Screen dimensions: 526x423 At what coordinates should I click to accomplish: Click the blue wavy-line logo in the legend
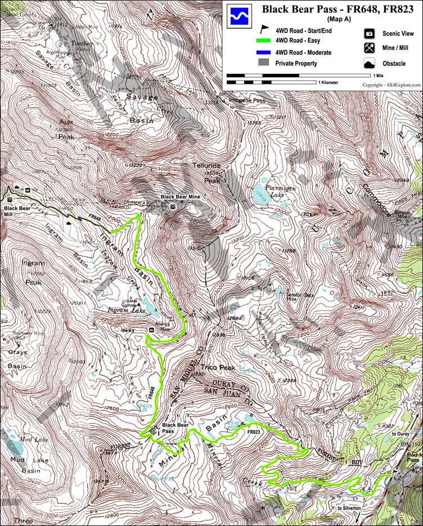(236, 16)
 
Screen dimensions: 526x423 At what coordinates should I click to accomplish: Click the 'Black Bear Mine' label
(181, 197)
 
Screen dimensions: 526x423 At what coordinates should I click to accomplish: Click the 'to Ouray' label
(402, 434)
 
